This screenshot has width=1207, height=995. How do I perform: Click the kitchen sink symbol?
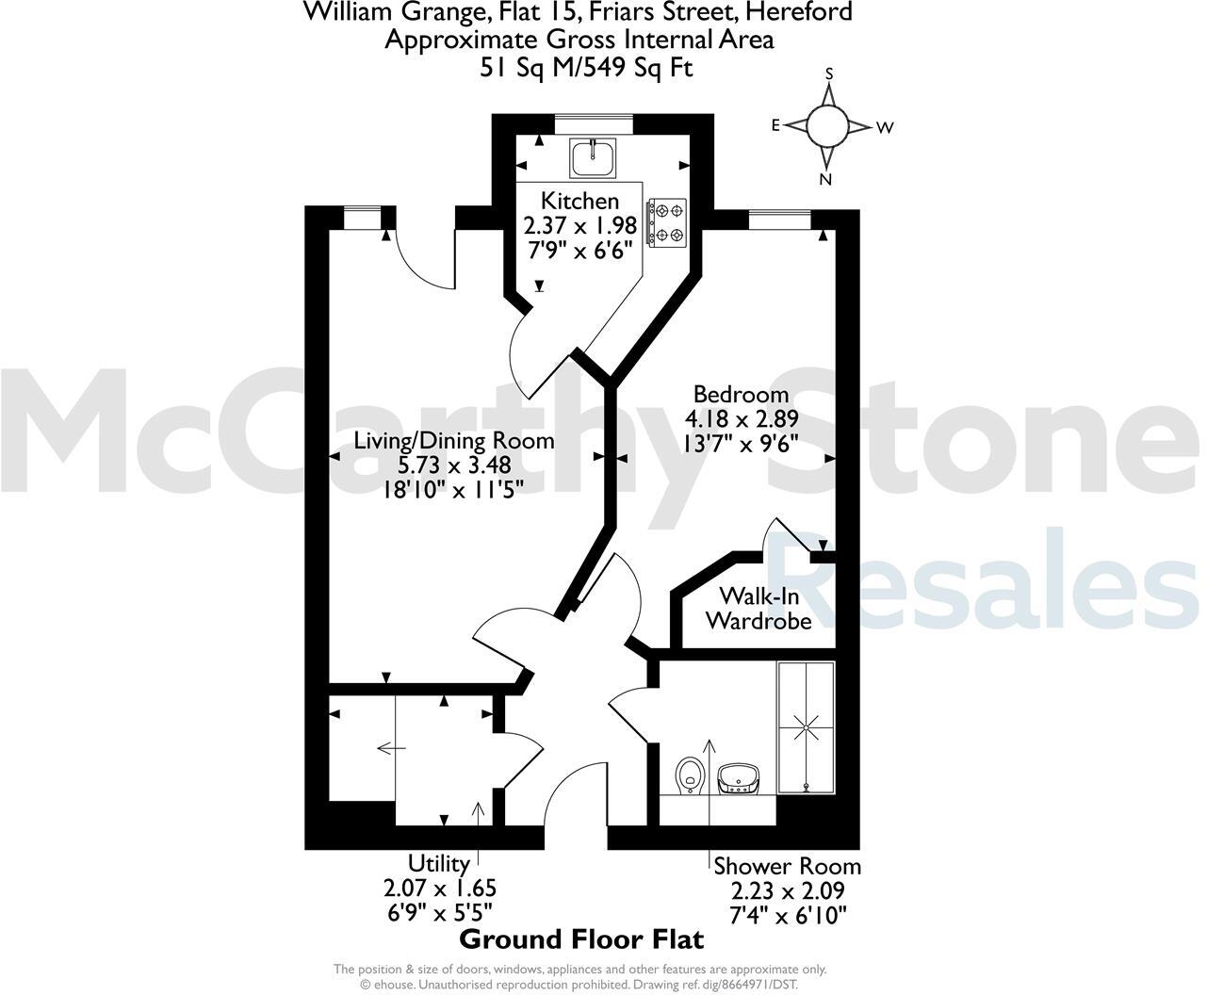click(x=593, y=156)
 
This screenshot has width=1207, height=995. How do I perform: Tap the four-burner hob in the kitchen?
click(x=667, y=222)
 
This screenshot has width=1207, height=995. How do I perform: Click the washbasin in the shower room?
click(x=740, y=778)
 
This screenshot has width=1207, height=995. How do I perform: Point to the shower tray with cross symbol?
click(x=807, y=726)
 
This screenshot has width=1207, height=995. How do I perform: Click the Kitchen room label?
click(x=579, y=201)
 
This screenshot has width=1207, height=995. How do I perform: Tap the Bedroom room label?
click(x=741, y=394)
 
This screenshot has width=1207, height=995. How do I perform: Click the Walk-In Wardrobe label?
click(x=758, y=608)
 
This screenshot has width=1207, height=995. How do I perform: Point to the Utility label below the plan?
click(x=439, y=863)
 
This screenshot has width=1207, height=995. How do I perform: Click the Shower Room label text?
click(x=787, y=866)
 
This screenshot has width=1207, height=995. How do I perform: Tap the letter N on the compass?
click(x=826, y=180)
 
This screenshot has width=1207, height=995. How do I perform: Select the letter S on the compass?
click(x=829, y=73)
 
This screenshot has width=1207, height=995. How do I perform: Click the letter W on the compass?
click(x=884, y=128)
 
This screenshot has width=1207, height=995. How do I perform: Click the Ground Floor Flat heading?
click(x=581, y=939)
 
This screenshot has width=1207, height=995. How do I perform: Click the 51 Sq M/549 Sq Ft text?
click(x=579, y=68)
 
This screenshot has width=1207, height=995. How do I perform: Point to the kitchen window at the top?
click(x=594, y=118)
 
